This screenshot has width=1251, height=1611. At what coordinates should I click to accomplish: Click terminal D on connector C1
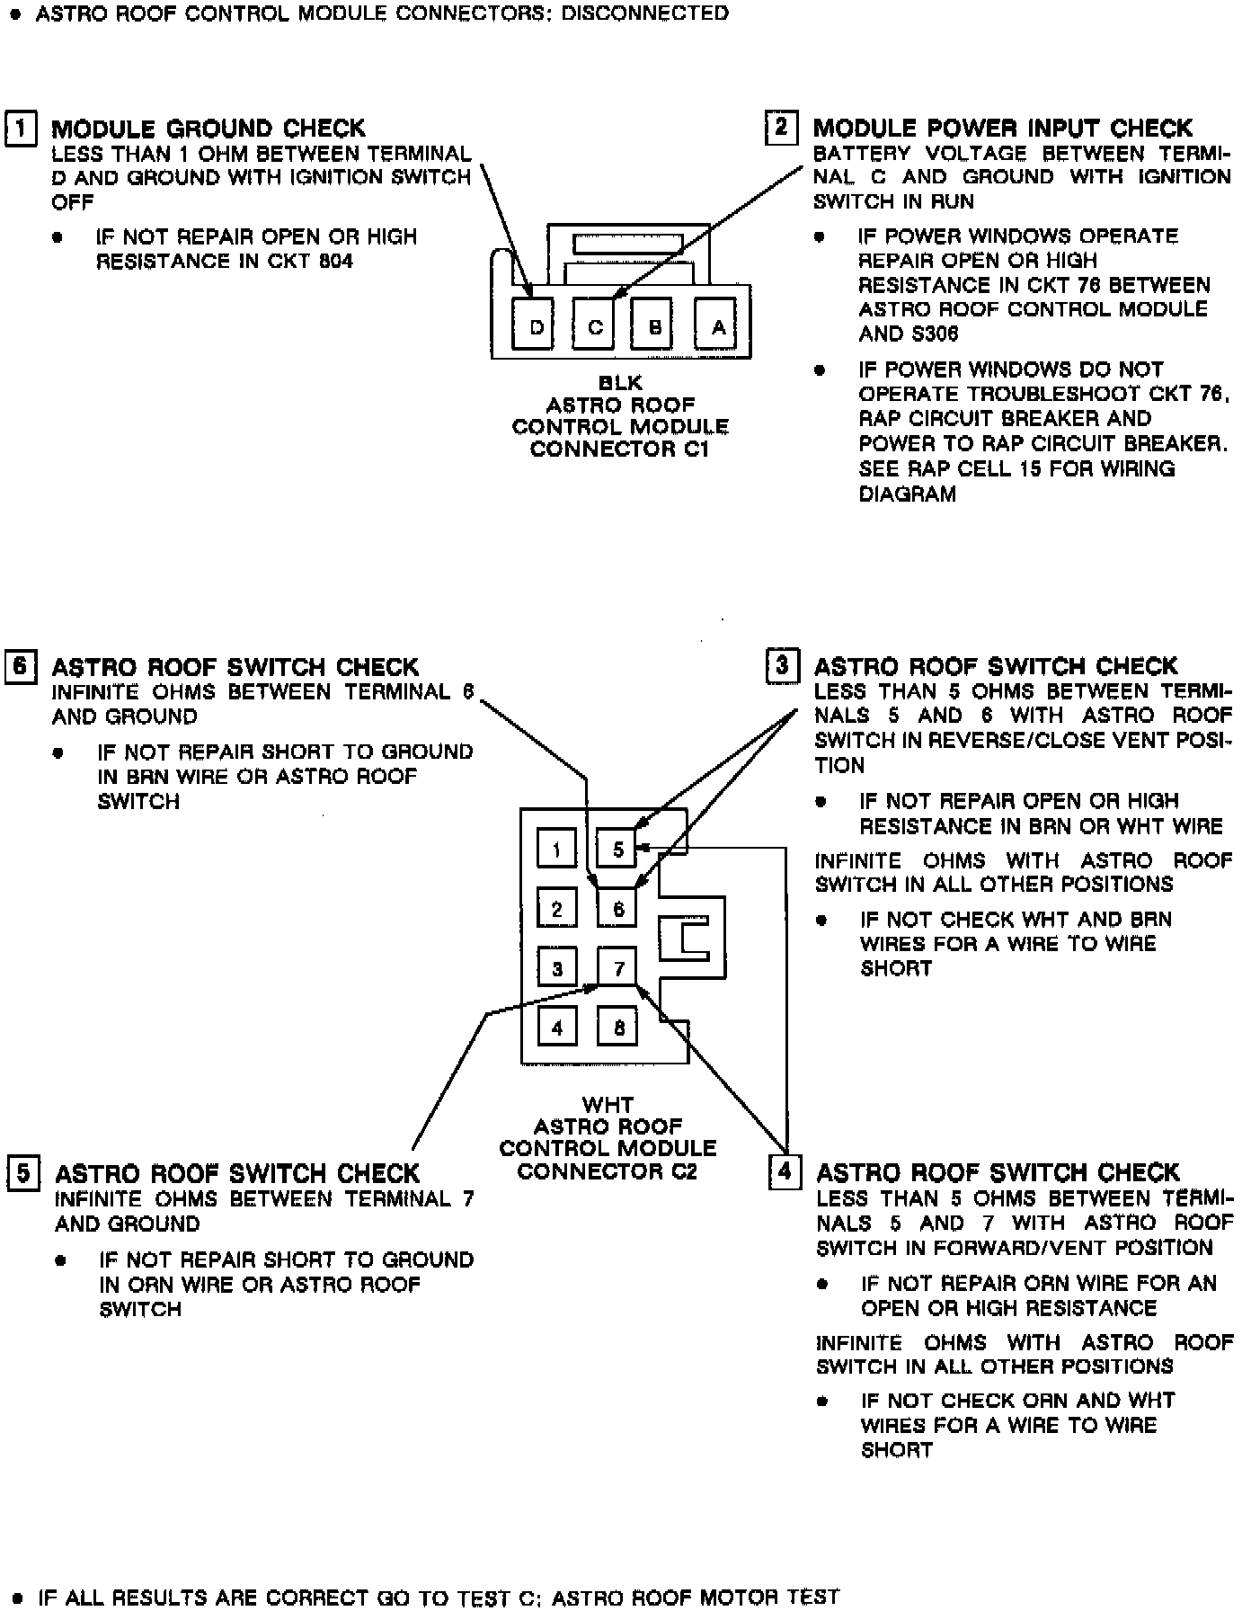coord(536,326)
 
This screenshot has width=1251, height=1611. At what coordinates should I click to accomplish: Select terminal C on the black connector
coord(594,326)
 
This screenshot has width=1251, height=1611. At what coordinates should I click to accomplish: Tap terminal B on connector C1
coord(654,326)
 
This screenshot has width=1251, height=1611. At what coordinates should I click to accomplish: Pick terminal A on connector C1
coord(718,326)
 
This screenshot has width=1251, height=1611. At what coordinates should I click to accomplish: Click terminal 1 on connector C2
coord(557,850)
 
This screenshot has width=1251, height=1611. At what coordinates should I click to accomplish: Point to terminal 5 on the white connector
coord(617,850)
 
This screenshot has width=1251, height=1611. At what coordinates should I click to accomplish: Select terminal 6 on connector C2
coord(617,909)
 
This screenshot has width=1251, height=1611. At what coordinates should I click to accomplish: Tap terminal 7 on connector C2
coord(617,968)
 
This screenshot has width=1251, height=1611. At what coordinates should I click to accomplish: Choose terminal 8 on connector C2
coord(617,1027)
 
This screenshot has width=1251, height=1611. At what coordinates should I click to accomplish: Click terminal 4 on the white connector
coord(557,1027)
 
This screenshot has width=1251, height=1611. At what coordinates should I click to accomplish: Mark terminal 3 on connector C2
coord(557,968)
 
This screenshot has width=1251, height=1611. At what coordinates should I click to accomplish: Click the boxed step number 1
coord(22,128)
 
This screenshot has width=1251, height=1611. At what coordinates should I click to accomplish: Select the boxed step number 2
coord(781,127)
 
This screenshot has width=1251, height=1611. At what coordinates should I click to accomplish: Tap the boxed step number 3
coord(782,666)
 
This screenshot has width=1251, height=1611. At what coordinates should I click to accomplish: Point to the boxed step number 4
coord(785,1171)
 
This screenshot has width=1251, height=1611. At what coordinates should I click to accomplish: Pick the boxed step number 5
coord(23,1173)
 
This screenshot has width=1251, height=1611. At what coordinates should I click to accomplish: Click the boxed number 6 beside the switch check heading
coord(21,667)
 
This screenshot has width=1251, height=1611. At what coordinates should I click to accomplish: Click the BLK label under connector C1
coord(620,383)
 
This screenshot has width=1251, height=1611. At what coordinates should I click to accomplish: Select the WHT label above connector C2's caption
coord(608,1104)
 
